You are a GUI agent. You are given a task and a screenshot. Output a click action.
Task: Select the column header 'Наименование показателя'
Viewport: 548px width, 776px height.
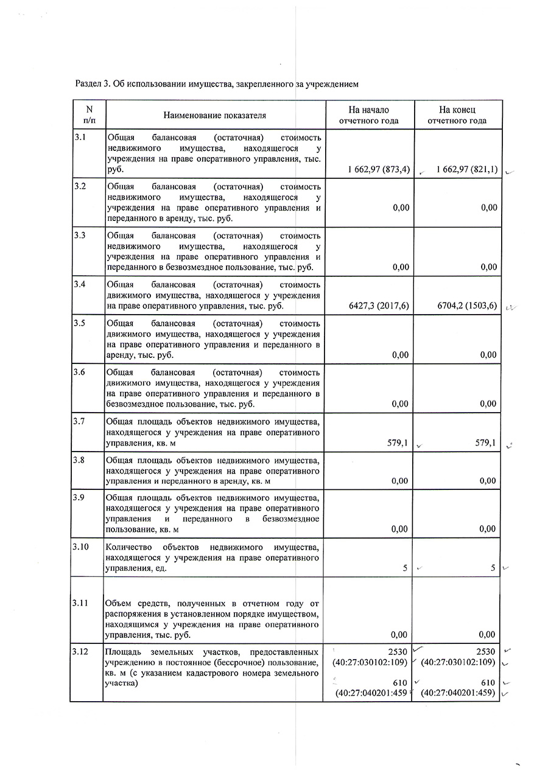coord(214,115)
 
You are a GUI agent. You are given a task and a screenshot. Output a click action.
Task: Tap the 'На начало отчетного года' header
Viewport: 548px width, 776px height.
coord(368,115)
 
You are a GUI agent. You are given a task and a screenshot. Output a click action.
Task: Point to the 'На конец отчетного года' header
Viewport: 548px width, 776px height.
coord(457,115)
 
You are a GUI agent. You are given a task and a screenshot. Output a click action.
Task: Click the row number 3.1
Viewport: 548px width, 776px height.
coord(80,138)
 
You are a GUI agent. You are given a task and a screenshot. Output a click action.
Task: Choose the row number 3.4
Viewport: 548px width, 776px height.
coord(80,284)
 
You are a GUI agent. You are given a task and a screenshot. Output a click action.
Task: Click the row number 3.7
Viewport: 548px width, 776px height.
coord(80,420)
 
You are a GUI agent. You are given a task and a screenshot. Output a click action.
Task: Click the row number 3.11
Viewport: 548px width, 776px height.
coord(81,603)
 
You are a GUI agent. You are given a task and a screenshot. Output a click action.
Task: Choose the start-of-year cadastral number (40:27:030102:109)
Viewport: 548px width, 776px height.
coord(370,662)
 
